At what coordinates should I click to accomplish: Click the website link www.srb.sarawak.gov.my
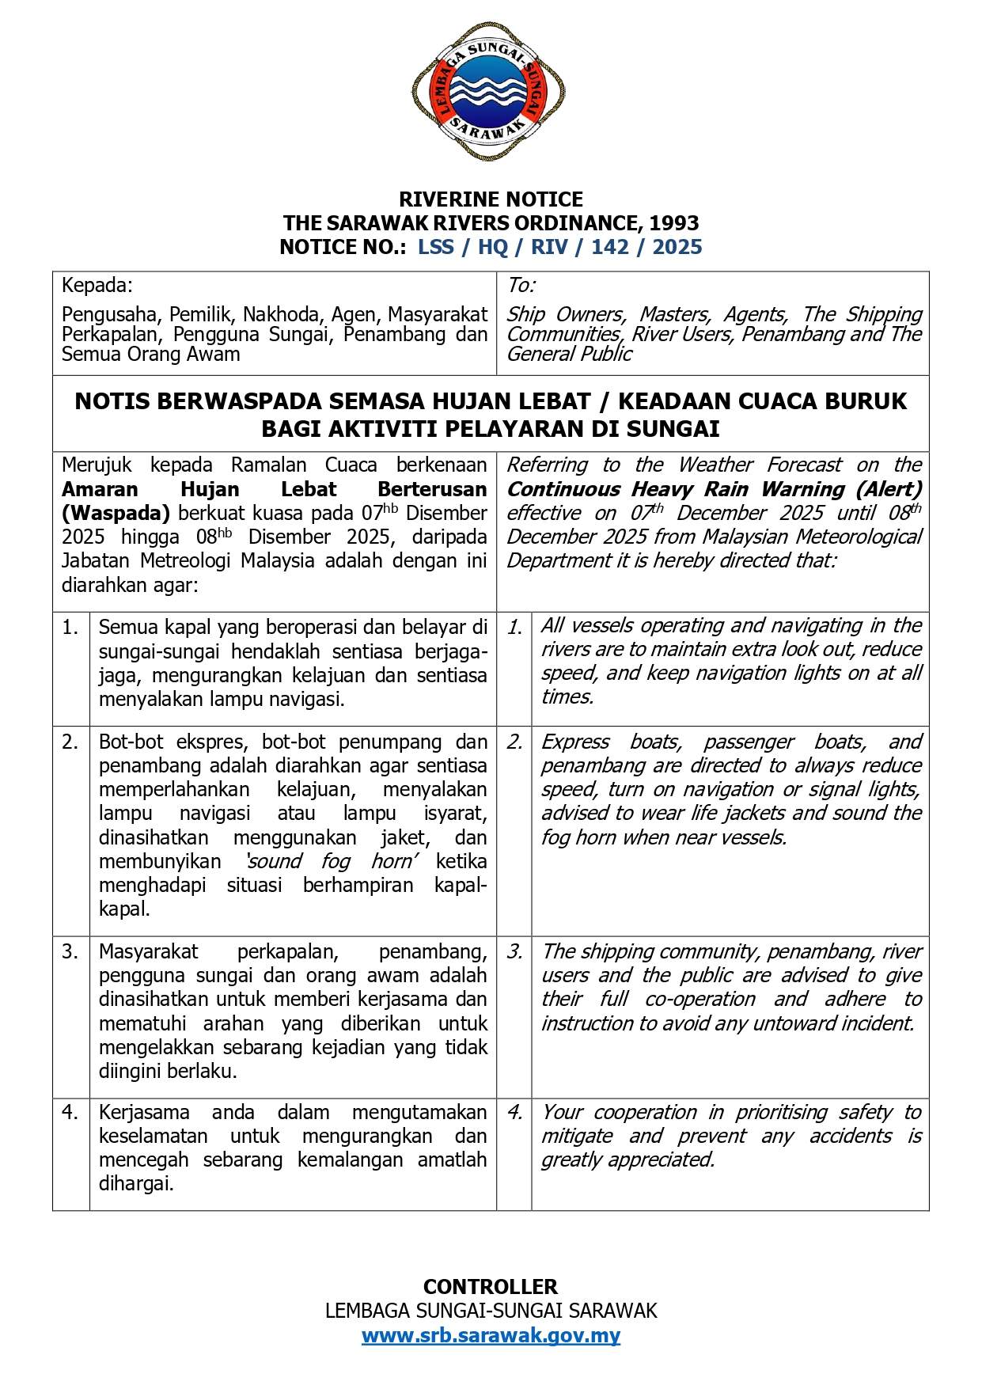click(x=491, y=1335)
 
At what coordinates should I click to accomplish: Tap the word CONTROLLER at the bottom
click(x=491, y=1286)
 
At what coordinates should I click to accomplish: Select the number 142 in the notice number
click(x=610, y=247)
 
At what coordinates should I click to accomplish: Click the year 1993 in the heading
click(x=675, y=223)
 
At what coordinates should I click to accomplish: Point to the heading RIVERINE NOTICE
click(x=491, y=199)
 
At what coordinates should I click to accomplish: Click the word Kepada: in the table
click(x=97, y=285)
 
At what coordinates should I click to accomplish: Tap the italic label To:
click(x=521, y=285)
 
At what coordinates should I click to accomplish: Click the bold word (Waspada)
click(x=116, y=513)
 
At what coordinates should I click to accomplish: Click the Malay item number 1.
click(x=70, y=628)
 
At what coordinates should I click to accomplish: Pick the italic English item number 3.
click(x=514, y=951)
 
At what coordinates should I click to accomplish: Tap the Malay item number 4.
click(x=70, y=1112)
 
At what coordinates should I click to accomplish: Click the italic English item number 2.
click(x=514, y=742)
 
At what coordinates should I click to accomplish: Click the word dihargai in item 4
click(x=135, y=1183)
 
